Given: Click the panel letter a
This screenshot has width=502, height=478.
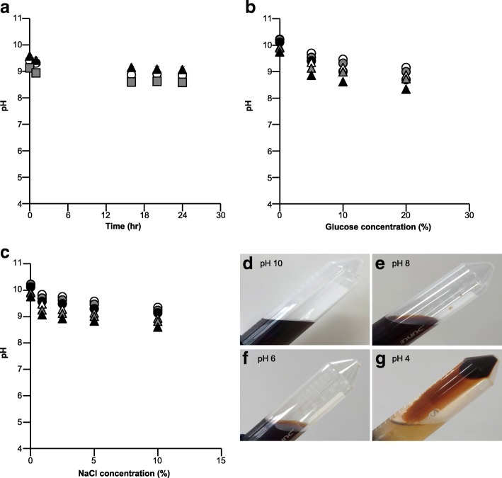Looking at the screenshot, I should coord(6,8).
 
